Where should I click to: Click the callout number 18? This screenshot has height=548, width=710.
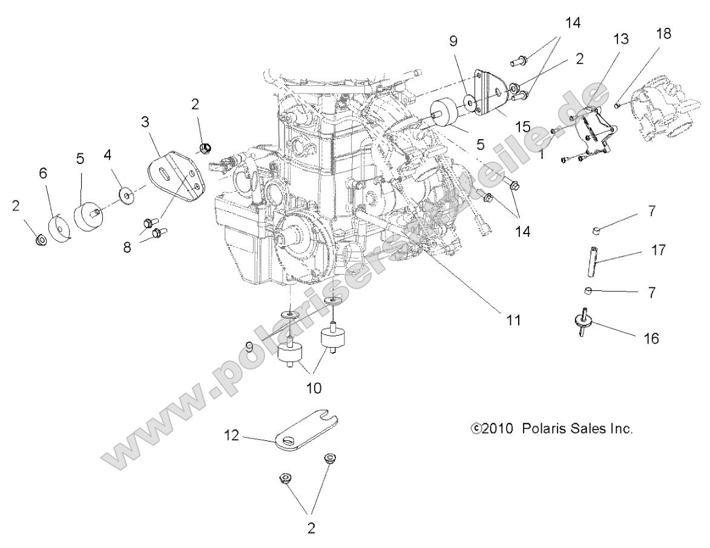(x=663, y=34)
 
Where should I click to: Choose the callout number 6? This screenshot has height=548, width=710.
(x=42, y=173)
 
